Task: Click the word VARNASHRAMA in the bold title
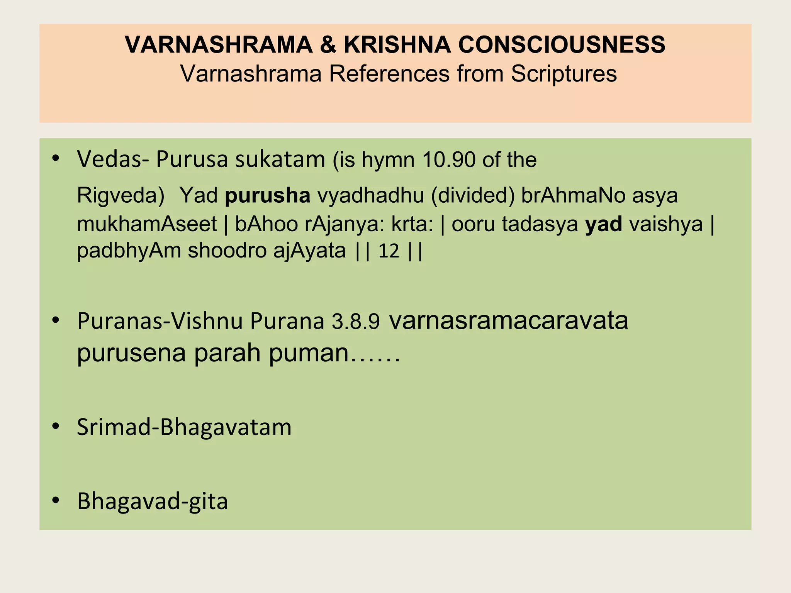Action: point(219,44)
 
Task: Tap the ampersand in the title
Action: point(328,44)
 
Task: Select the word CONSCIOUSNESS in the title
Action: point(562,44)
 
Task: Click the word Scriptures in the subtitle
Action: point(564,73)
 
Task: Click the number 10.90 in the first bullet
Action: point(448,160)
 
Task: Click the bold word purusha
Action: point(268,195)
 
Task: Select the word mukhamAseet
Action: point(147,224)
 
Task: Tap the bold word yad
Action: point(604,224)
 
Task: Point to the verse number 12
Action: point(389,251)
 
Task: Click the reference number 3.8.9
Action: point(356,322)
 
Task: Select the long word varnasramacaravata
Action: point(509,320)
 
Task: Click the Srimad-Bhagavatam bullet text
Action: point(184,427)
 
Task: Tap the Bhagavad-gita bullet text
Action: point(153,501)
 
